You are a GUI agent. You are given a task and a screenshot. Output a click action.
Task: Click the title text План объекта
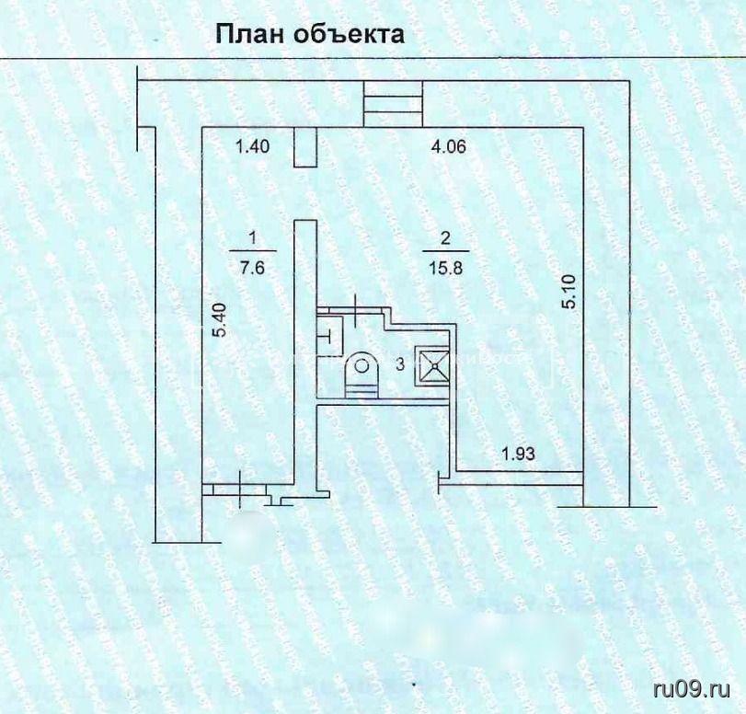pos(309,35)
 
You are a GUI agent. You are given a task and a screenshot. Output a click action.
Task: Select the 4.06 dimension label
pos(450,145)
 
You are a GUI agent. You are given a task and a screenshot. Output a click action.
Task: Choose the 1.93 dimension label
pos(519,453)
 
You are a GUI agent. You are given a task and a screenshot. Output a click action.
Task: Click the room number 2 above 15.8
pos(446,238)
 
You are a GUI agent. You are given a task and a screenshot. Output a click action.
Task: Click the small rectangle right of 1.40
pos(304,150)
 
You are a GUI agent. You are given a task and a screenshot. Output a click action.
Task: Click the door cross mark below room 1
pos(241,485)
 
